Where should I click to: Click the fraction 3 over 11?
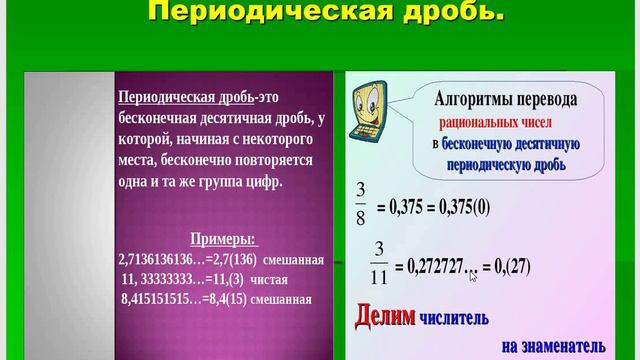(x=379, y=257)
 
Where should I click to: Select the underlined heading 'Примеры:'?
(x=223, y=240)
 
